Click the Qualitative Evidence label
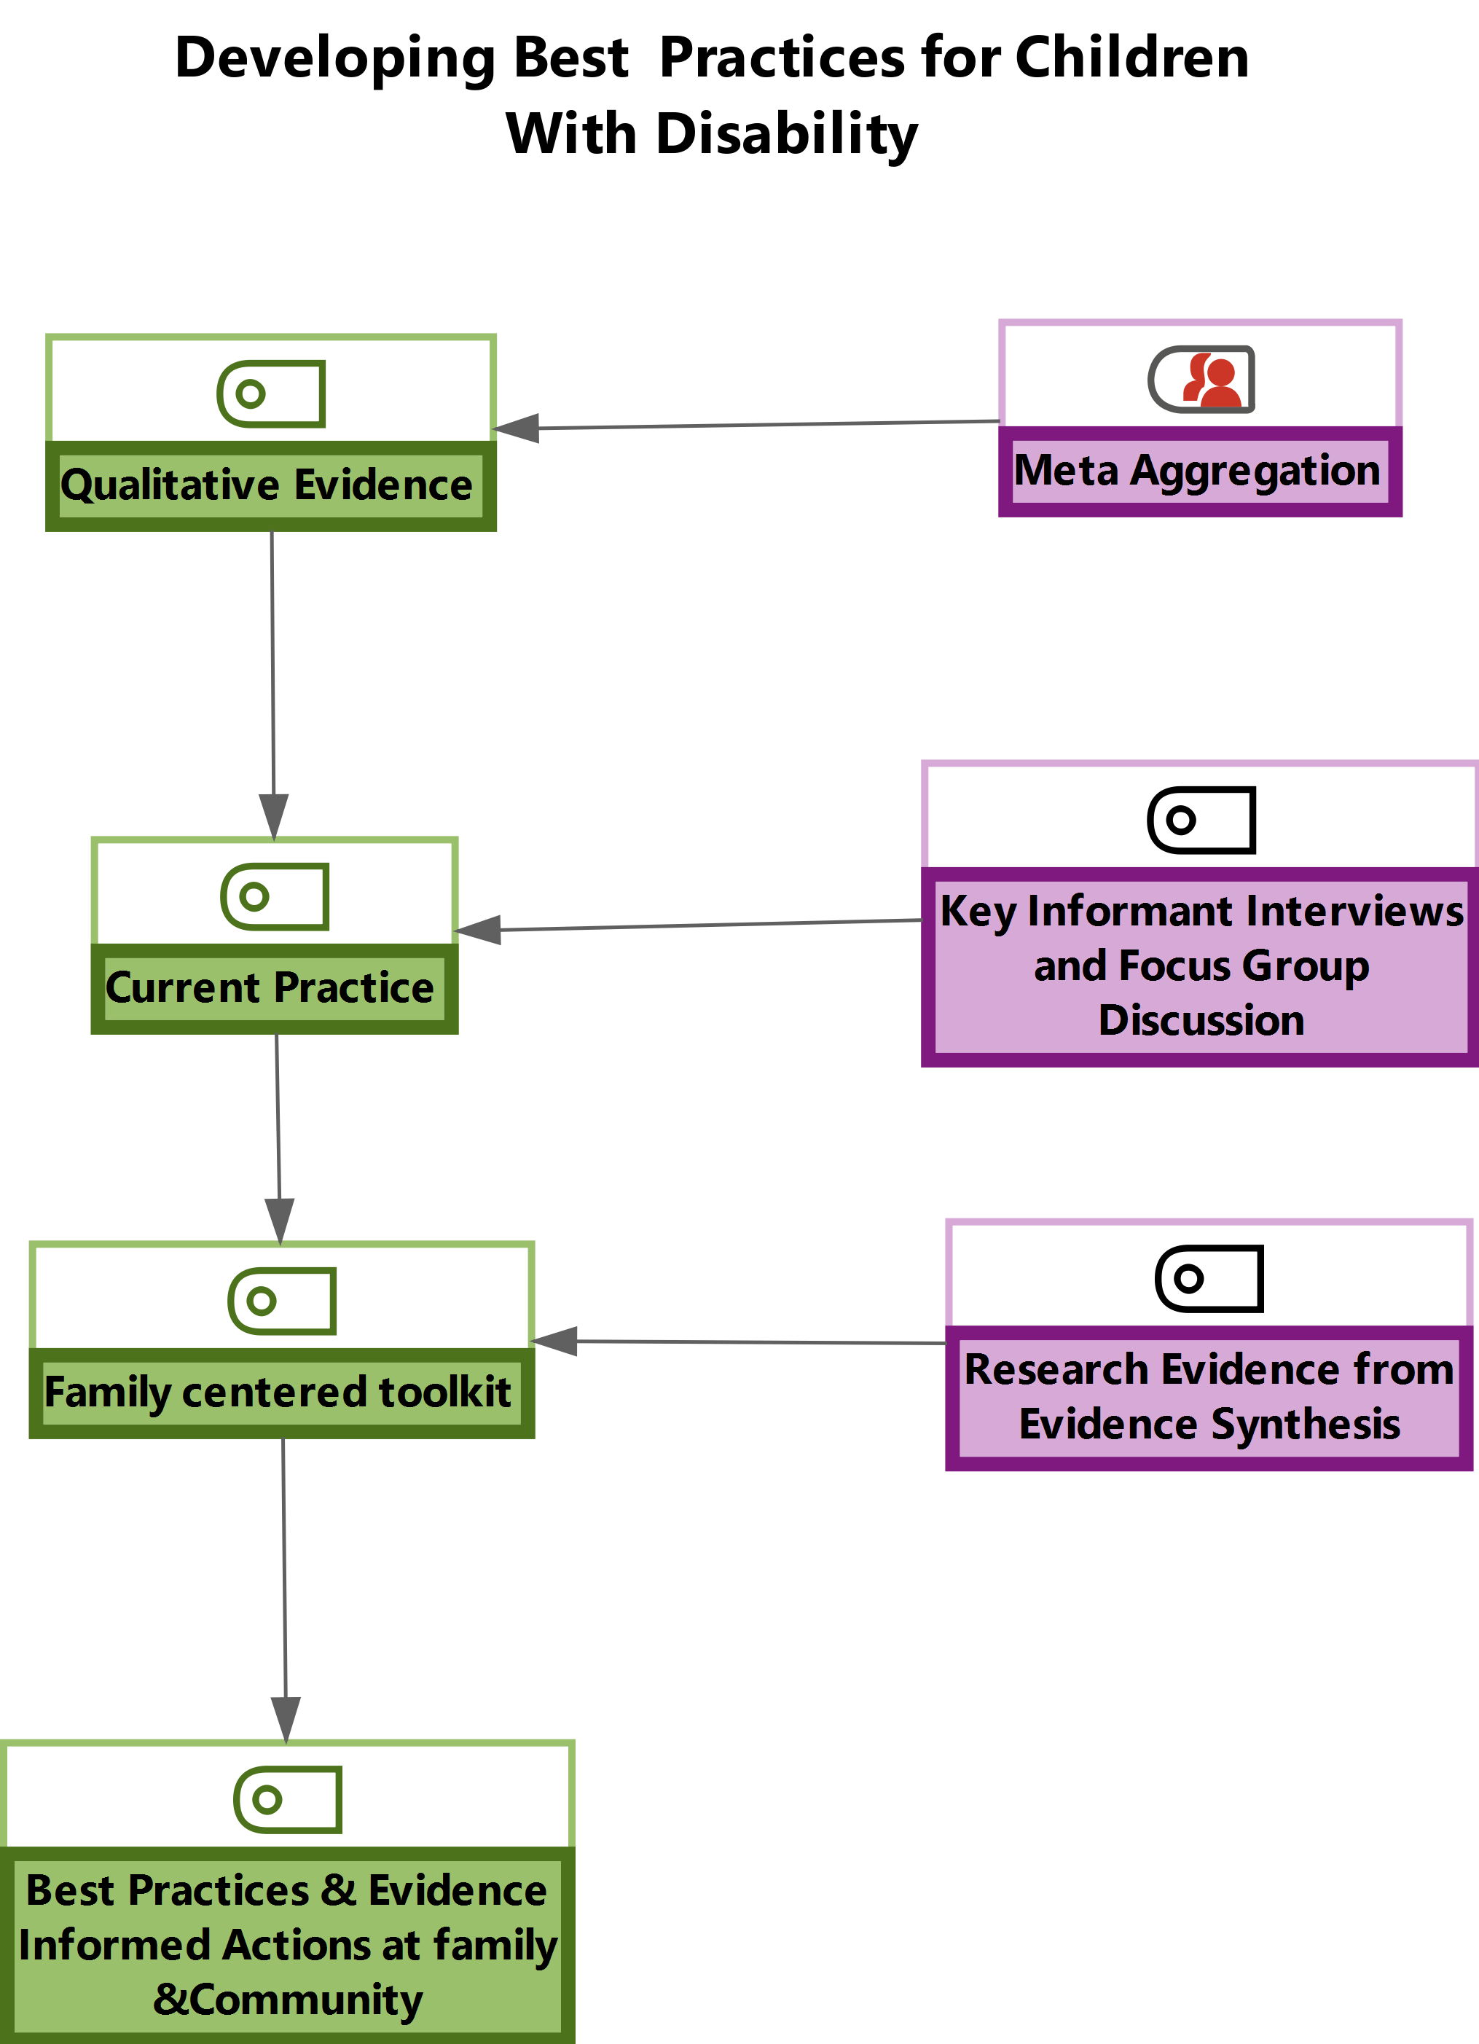click(x=267, y=485)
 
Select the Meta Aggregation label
click(x=1197, y=471)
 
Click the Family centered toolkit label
click(x=278, y=1392)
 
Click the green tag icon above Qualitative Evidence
click(x=271, y=393)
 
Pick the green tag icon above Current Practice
click(x=275, y=897)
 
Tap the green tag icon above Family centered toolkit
click(x=282, y=1301)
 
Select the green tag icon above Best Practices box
click(x=288, y=1800)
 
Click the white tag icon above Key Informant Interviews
click(x=1201, y=820)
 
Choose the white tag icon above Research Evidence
click(x=1209, y=1278)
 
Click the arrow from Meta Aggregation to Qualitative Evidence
click(x=748, y=426)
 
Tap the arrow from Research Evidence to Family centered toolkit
click(x=739, y=1342)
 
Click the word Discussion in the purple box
click(x=1201, y=1020)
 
